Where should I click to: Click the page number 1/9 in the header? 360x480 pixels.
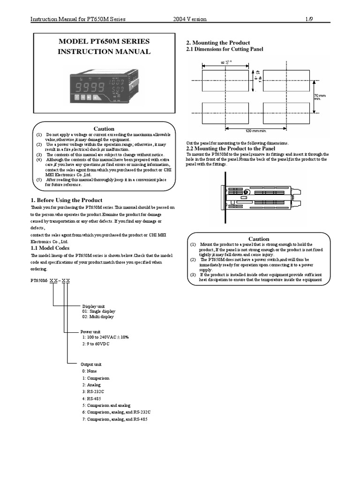coord(310,19)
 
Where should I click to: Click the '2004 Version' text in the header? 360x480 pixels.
coord(189,19)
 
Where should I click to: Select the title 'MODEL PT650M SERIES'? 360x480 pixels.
coord(104,42)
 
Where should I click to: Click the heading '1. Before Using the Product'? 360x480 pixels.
coord(66,200)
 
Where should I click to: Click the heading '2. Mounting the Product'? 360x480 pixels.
coord(218,43)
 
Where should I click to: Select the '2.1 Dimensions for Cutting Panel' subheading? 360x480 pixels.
coord(225,49)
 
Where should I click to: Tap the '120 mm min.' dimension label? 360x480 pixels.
coord(256,131)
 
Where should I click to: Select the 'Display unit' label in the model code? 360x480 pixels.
coord(94,305)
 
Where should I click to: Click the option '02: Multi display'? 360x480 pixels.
coord(98,317)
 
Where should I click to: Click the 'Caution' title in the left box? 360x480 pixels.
coord(104,129)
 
